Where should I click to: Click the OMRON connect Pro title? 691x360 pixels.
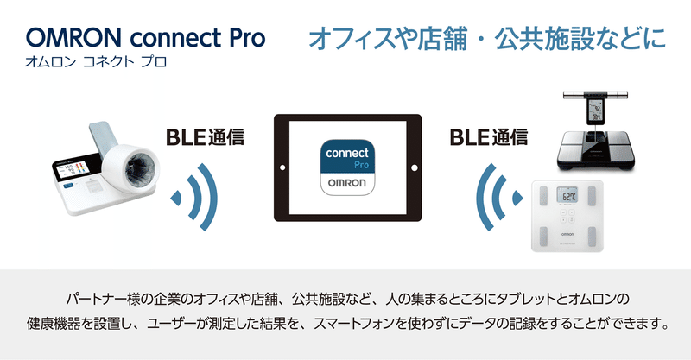pyautogui.click(x=145, y=38)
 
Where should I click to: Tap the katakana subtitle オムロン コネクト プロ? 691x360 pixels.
pyautogui.click(x=96, y=61)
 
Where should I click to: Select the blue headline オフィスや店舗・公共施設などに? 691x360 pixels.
pyautogui.click(x=487, y=39)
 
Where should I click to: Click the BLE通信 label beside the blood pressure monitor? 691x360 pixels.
pyautogui.click(x=205, y=137)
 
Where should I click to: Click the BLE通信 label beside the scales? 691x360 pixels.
pyautogui.click(x=489, y=137)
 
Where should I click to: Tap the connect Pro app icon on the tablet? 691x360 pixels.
pyautogui.click(x=348, y=167)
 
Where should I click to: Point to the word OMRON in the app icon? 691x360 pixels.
pyautogui.click(x=347, y=182)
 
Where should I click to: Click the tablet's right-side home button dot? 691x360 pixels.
pyautogui.click(x=415, y=167)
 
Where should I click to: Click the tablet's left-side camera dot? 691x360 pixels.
pyautogui.click(x=282, y=167)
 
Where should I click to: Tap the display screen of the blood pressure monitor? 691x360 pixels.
pyautogui.click(x=72, y=169)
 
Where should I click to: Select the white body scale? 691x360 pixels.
pyautogui.click(x=567, y=216)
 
